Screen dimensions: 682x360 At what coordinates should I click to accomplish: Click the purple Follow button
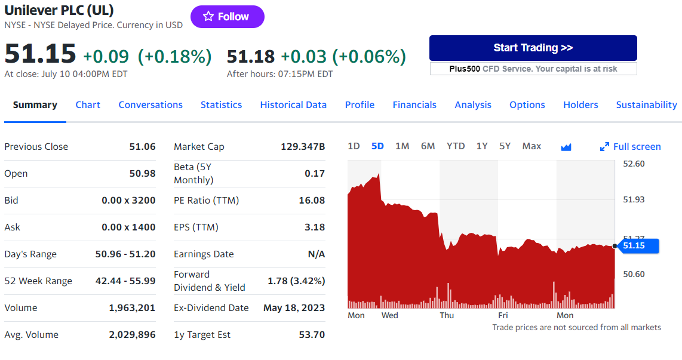tap(227, 17)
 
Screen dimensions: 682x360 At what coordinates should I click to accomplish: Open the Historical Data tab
tap(293, 105)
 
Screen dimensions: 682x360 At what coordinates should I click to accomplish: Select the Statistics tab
tap(221, 105)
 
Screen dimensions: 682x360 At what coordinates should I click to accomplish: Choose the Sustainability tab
tap(646, 105)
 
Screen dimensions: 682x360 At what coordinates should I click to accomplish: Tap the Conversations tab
tap(150, 105)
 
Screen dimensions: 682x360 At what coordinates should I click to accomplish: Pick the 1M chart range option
tap(403, 146)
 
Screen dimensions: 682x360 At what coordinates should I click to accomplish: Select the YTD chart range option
tap(456, 146)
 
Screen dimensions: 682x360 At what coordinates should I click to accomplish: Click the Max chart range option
tap(532, 146)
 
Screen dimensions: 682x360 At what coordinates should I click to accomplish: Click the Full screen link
tap(630, 146)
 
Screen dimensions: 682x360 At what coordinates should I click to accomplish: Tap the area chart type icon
tap(566, 147)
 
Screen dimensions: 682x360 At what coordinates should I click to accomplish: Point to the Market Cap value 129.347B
tap(303, 146)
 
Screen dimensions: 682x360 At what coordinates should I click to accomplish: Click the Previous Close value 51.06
tap(142, 146)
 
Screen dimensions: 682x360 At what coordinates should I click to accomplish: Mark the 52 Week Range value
tap(125, 281)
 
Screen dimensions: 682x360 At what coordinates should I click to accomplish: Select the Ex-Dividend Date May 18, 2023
tap(294, 308)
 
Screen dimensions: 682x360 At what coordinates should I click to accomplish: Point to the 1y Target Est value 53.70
tap(312, 335)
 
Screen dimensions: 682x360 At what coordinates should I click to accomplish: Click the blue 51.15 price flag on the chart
tap(638, 245)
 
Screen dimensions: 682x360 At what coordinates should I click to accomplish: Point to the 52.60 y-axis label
tap(634, 164)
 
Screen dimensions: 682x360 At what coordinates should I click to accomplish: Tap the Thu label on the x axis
tap(447, 315)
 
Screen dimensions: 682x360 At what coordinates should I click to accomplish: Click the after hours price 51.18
tap(251, 57)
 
